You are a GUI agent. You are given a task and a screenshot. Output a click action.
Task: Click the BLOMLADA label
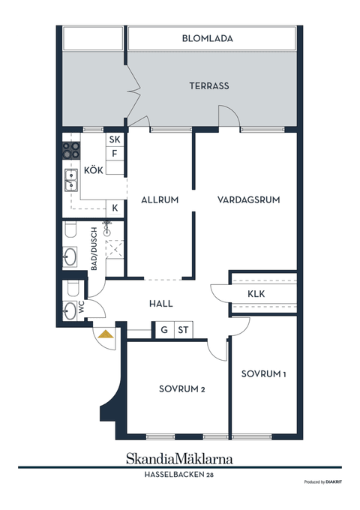[x=207, y=38]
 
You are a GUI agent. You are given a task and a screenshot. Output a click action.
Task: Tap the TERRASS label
[x=209, y=85]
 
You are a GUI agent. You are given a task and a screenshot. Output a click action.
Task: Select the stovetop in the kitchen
[x=71, y=151]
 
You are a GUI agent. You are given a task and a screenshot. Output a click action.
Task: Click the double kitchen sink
[x=71, y=180]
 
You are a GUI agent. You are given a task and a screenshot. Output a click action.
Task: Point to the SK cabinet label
[x=115, y=139]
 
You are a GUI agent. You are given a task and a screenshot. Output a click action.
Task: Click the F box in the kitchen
[x=115, y=154]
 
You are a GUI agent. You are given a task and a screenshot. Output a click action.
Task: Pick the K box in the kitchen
[x=115, y=208]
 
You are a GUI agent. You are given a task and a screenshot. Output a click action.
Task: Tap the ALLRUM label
[x=160, y=199]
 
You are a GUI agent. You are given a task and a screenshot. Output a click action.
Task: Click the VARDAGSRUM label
[x=249, y=199]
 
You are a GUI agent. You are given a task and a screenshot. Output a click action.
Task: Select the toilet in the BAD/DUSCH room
[x=70, y=229]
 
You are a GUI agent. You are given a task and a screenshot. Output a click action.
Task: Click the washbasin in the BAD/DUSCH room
[x=70, y=257]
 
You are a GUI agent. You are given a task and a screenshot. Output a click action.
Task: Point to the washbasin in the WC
[x=69, y=310]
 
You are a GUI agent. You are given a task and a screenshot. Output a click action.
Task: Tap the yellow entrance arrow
[x=106, y=334]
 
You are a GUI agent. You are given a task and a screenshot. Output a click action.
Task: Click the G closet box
[x=164, y=330]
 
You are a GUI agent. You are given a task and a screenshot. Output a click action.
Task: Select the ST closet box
[x=184, y=330]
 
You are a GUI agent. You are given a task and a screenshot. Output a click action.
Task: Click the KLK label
[x=256, y=294]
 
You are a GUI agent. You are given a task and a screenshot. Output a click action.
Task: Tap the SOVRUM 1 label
[x=264, y=374]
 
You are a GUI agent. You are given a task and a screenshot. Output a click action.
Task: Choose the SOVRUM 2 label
[x=182, y=389]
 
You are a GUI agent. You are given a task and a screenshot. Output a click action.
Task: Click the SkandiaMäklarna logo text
[x=179, y=458]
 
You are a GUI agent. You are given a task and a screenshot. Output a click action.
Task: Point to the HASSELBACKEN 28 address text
[x=179, y=475]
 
